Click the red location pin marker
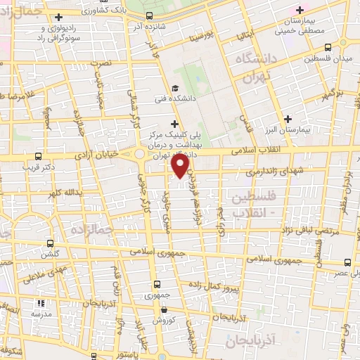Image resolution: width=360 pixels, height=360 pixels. tap(181, 166)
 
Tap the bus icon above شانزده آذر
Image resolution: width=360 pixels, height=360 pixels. tap(150, 15)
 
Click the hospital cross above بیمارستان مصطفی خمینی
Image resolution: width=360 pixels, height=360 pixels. tap(301, 10)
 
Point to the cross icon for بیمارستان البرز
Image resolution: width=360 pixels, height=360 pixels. tap(288, 119)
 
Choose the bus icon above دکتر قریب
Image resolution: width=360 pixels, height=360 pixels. tap(38, 156)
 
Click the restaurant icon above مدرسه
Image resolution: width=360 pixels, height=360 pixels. tap(40, 304)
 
